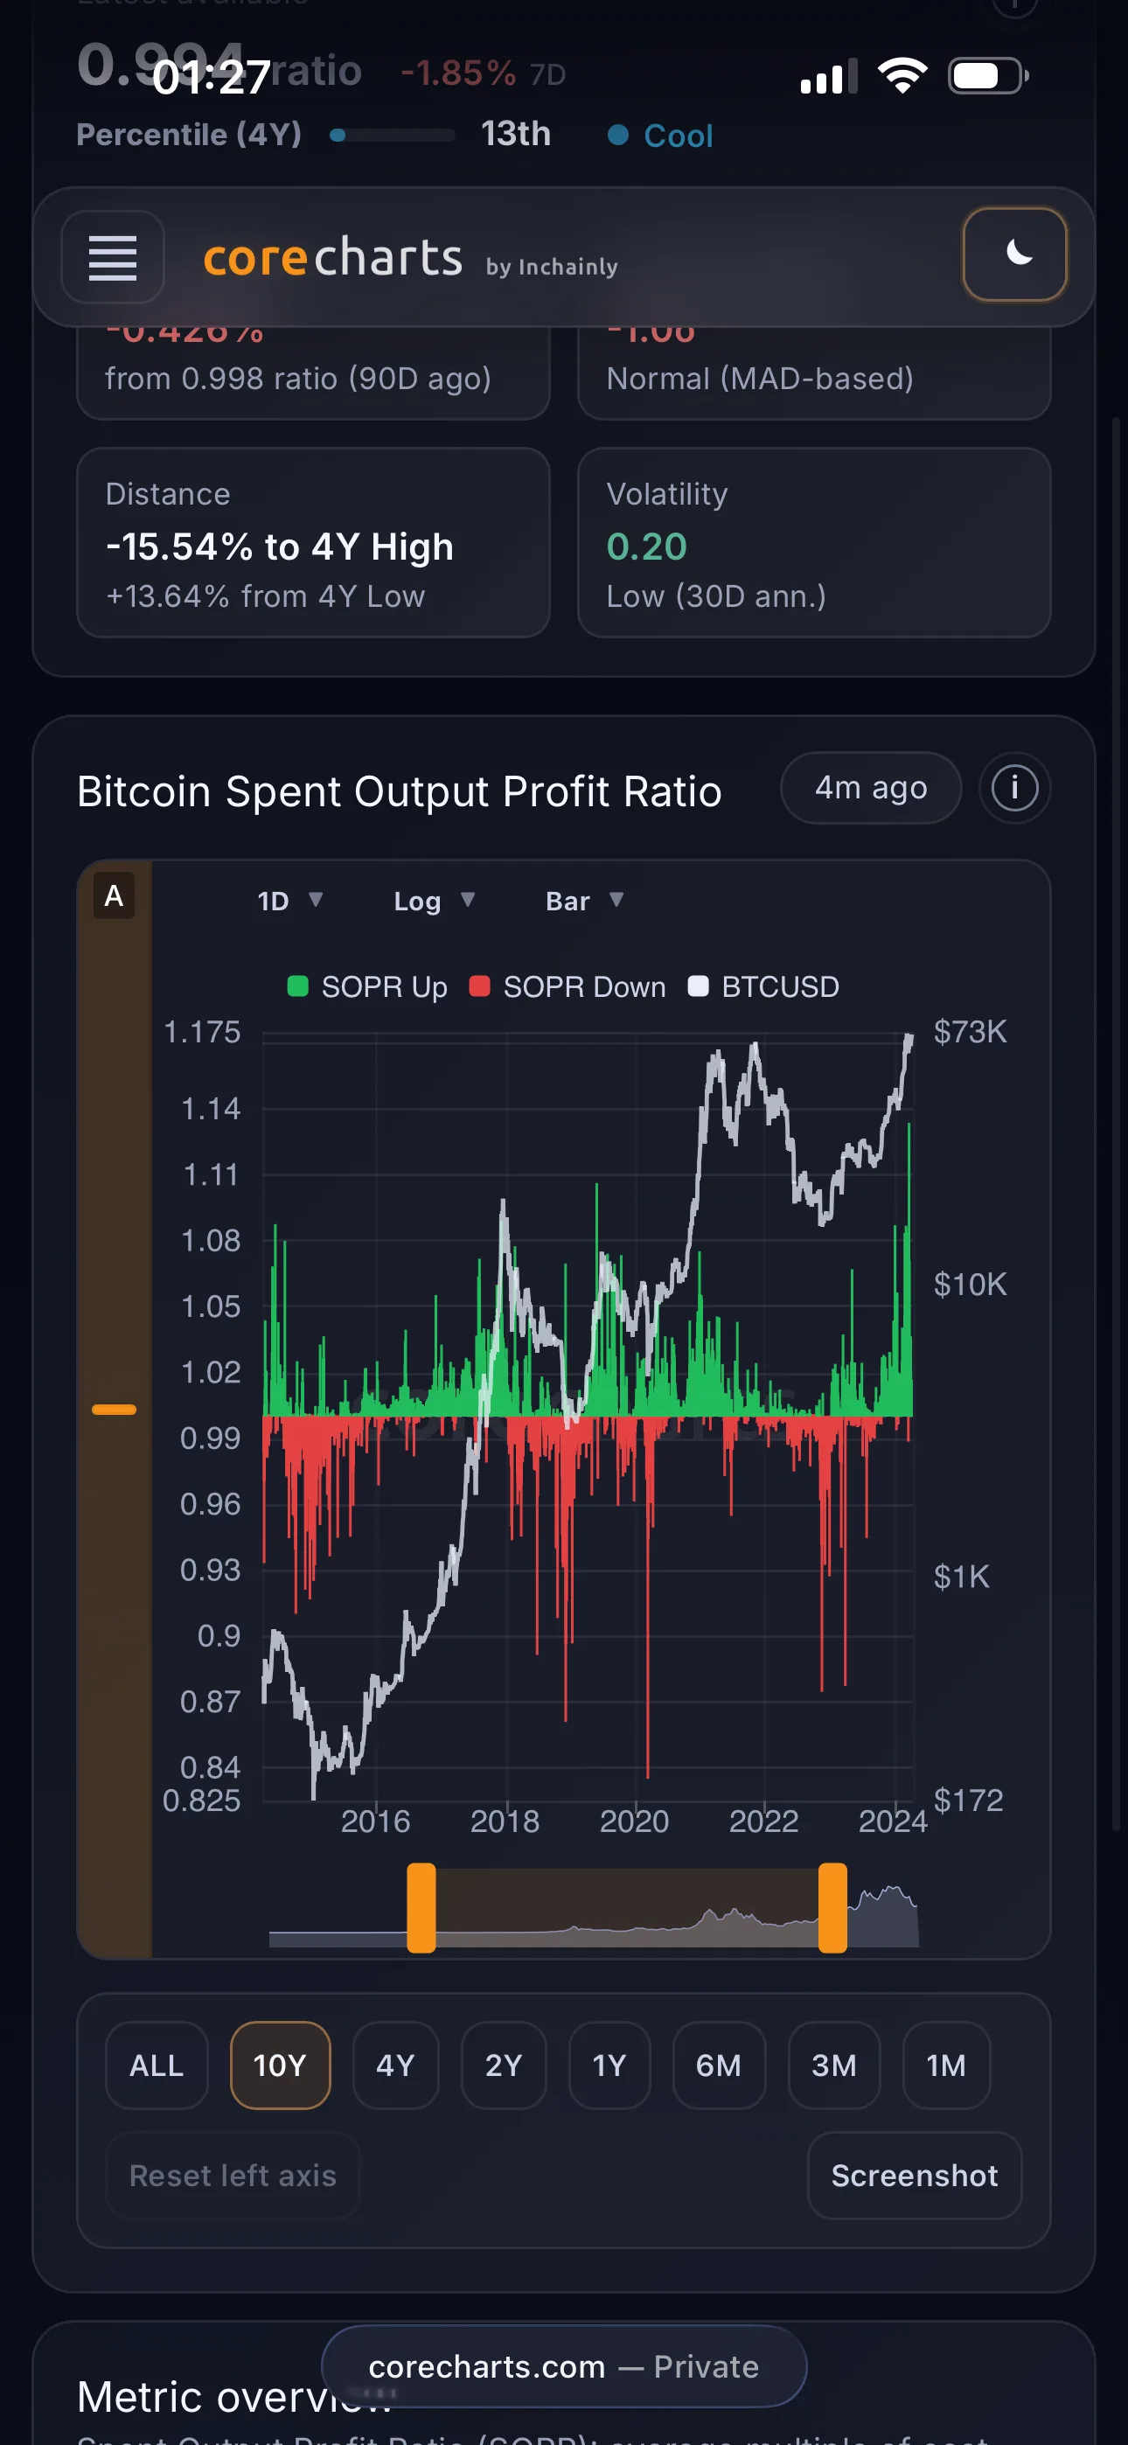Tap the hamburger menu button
pos(112,257)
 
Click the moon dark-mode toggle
pos(1014,254)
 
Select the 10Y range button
pos(280,2065)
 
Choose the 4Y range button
pos(395,2065)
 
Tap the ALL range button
pos(157,2065)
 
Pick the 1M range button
pos(946,2065)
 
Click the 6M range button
pos(719,2065)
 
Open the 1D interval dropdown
pos(289,901)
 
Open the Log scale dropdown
pos(434,901)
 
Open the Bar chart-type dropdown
pos(584,901)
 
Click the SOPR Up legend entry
pos(367,987)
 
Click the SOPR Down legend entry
pos(567,987)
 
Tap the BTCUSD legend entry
pos(764,987)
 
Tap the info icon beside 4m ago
pos(1014,788)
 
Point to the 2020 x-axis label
pos(634,1822)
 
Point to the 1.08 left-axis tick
pos(211,1241)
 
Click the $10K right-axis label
pos(970,1285)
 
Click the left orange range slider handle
pos(421,1908)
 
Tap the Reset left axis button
pos(233,2176)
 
